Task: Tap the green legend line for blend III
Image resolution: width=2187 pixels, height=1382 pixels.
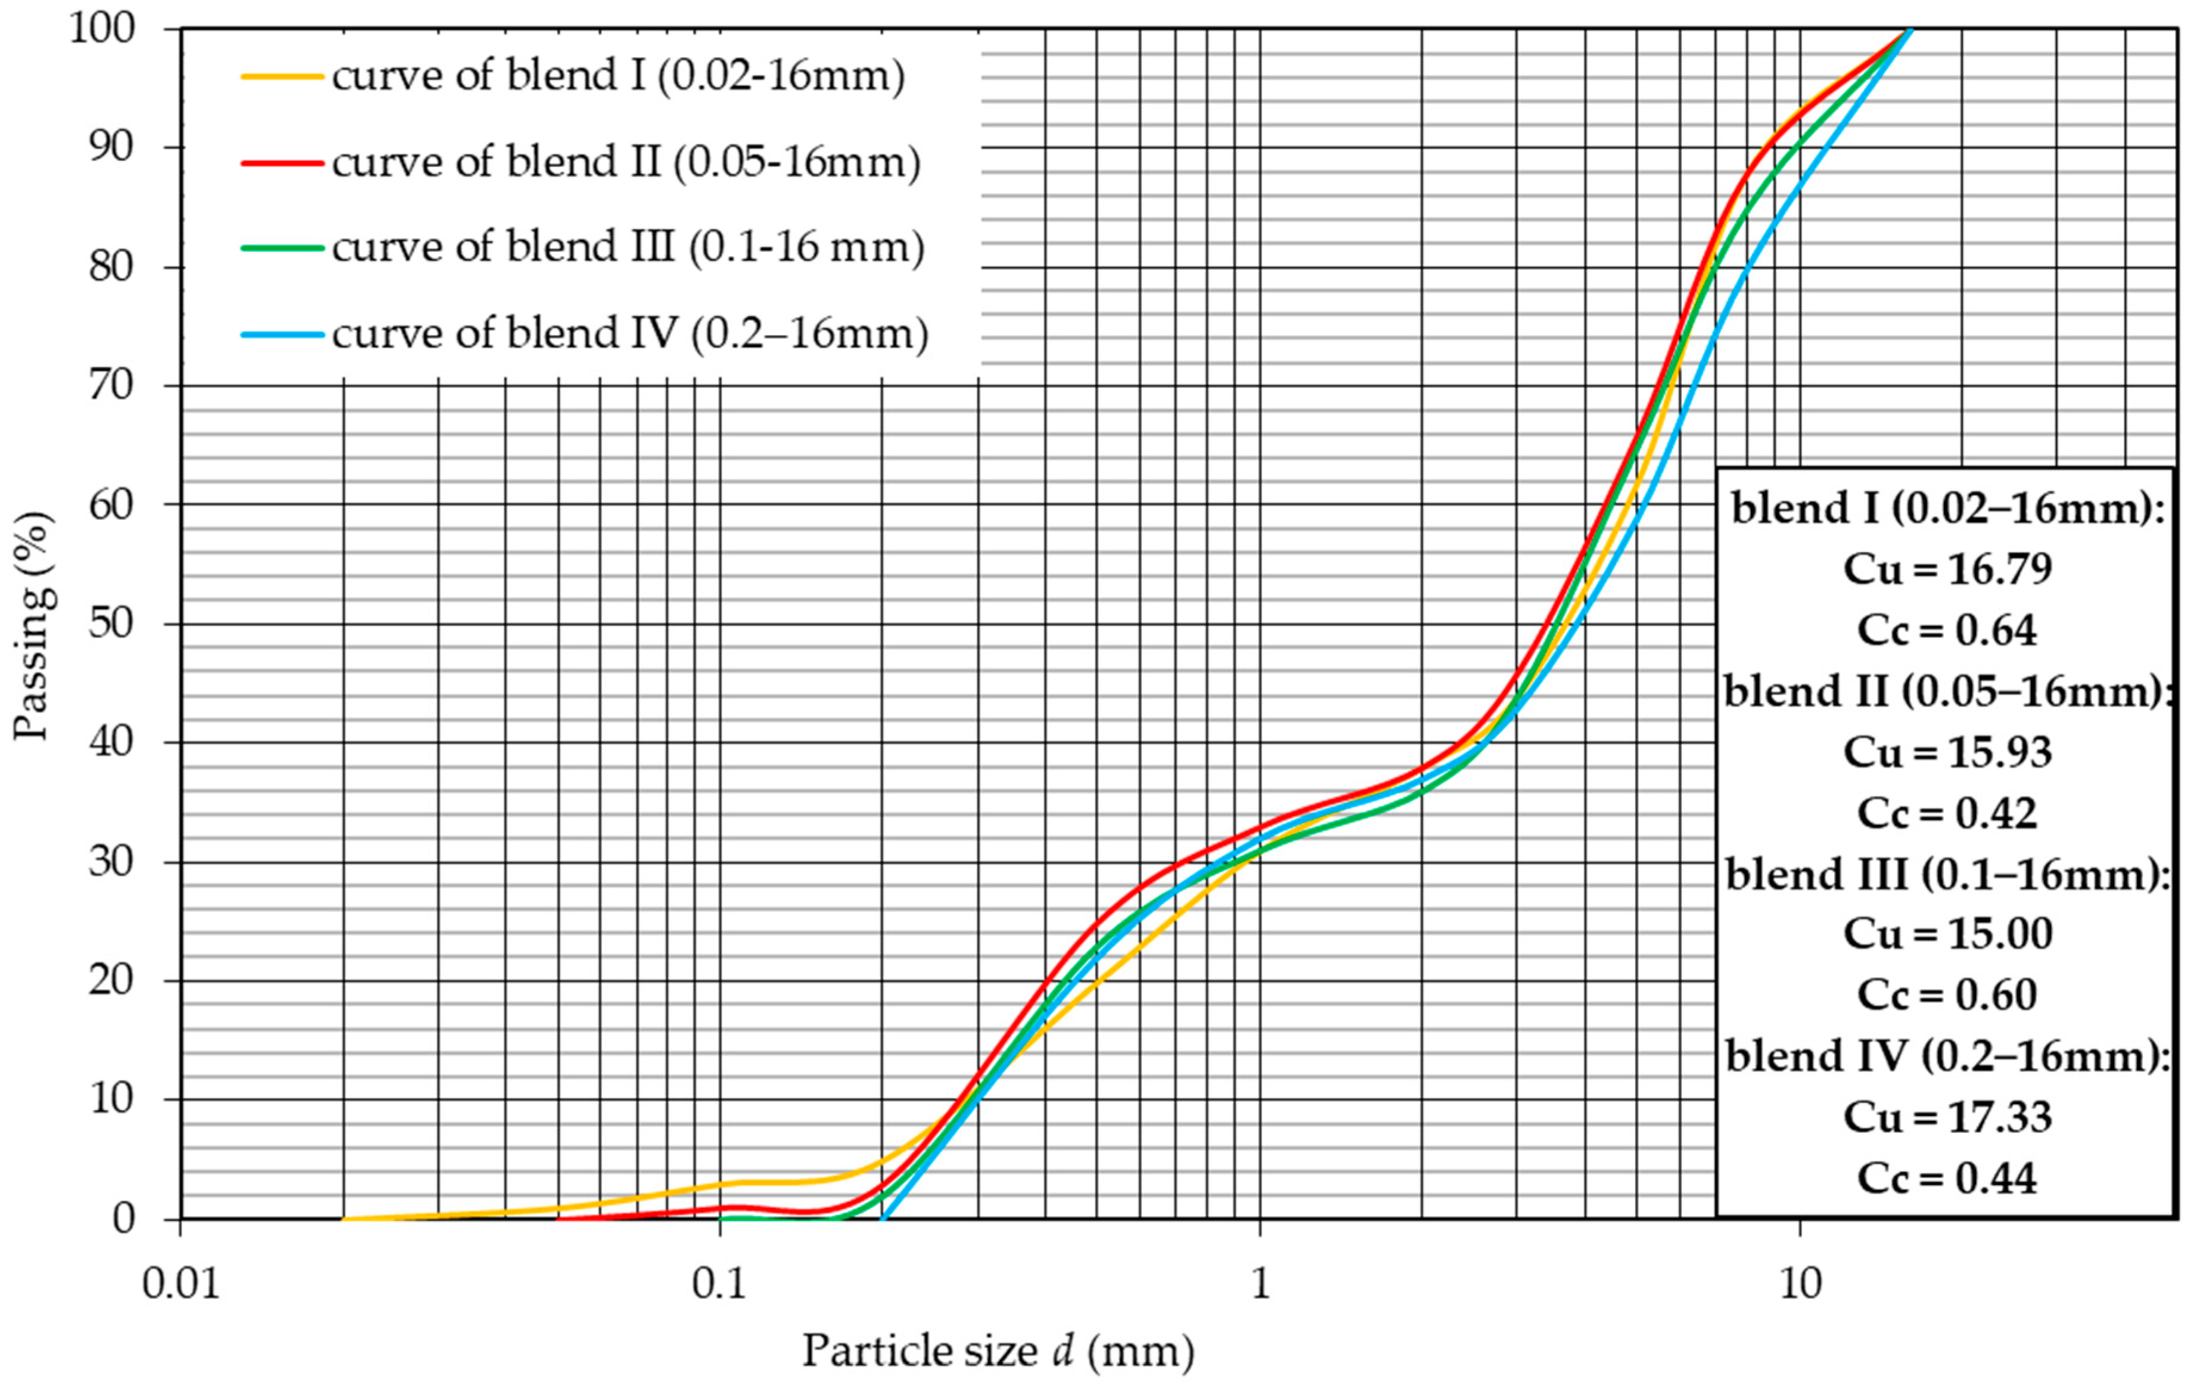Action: tap(282, 248)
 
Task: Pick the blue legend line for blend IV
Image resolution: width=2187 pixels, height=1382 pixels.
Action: tap(282, 334)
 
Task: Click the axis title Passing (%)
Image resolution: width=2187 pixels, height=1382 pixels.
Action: tap(35, 625)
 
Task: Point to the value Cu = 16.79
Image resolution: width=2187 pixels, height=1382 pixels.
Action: tap(1947, 569)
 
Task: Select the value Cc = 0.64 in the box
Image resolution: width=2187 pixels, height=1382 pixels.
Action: tap(1947, 630)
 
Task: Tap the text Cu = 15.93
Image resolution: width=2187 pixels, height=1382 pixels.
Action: tap(1947, 752)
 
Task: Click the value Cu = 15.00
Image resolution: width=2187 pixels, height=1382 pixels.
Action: tap(1947, 934)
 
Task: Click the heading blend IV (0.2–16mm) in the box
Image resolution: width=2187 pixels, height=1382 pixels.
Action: tap(1947, 1056)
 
